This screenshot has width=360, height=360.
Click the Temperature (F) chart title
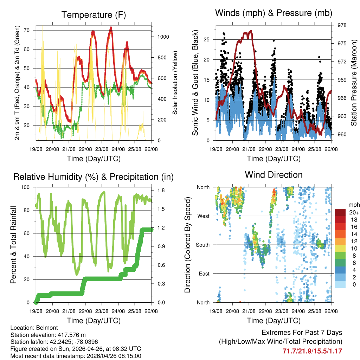click(x=94, y=15)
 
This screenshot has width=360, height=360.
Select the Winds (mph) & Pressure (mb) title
click(x=274, y=13)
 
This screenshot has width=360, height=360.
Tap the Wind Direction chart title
click(x=274, y=175)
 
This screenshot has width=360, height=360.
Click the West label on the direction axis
click(x=203, y=216)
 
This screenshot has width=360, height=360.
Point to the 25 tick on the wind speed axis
click(x=207, y=39)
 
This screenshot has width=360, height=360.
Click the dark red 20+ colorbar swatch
click(x=340, y=212)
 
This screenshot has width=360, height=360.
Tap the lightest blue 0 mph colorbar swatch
click(x=340, y=284)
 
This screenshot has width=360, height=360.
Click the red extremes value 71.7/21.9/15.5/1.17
click(x=312, y=351)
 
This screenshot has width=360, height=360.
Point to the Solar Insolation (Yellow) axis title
click(x=175, y=83)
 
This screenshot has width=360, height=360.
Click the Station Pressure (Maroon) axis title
click(x=354, y=83)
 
